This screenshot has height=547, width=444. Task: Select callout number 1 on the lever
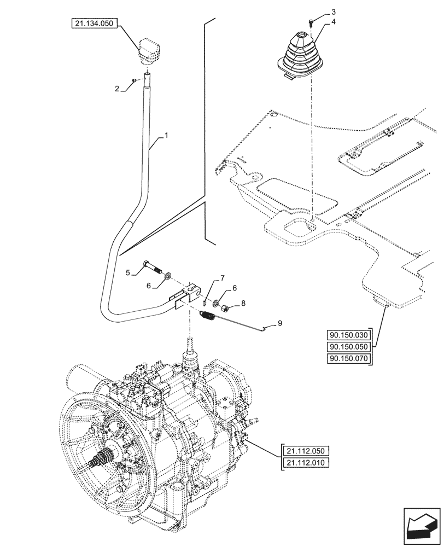pos(167,134)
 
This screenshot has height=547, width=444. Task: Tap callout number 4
pos(334,23)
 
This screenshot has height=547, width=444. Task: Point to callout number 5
pos(127,271)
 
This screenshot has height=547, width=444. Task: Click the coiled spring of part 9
pos(208,316)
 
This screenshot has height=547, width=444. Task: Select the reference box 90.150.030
pos(347,335)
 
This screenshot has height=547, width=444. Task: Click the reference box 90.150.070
pos(347,358)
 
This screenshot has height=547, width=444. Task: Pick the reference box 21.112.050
pos(304,451)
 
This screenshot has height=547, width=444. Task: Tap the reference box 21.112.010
pos(304,463)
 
